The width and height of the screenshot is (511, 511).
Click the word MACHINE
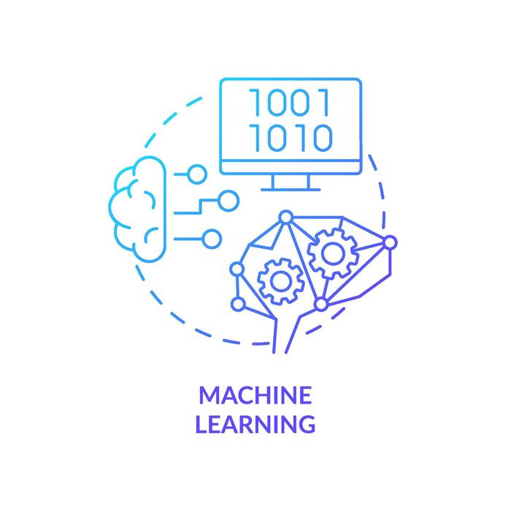[255, 396]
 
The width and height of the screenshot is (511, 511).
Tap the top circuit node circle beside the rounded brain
[195, 173]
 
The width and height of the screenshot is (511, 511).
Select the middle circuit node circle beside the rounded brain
[227, 198]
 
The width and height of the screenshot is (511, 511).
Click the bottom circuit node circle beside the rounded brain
[211, 237]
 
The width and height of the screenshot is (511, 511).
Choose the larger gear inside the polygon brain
[332, 253]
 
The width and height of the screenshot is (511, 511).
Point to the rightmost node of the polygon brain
[390, 242]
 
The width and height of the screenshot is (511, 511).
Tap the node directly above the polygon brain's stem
[320, 303]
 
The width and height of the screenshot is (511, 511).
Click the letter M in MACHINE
[210, 396]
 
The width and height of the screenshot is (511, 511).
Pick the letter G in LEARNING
[307, 423]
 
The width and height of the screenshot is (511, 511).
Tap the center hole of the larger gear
[332, 253]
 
